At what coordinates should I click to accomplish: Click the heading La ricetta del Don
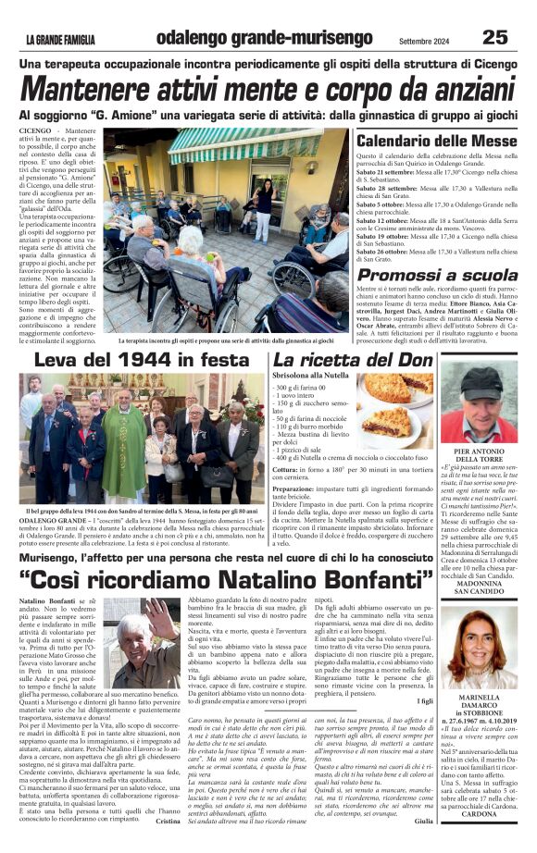point(341,359)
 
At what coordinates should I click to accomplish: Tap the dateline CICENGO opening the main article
point(35,133)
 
